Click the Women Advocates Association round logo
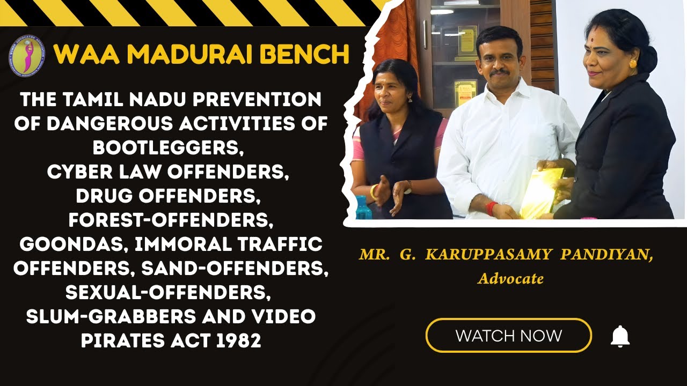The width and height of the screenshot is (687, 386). (x=27, y=55)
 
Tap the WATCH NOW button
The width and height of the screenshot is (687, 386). (x=508, y=336)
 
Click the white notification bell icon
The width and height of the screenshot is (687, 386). (x=620, y=336)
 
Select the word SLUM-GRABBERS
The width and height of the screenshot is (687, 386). (x=111, y=316)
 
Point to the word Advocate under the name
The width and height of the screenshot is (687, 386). (x=511, y=279)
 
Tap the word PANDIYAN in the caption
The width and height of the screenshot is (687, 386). (x=606, y=255)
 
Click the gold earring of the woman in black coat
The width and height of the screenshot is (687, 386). (x=633, y=64)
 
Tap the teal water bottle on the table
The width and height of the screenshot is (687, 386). (x=362, y=207)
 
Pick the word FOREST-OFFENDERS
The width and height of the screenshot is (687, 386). (x=171, y=220)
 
